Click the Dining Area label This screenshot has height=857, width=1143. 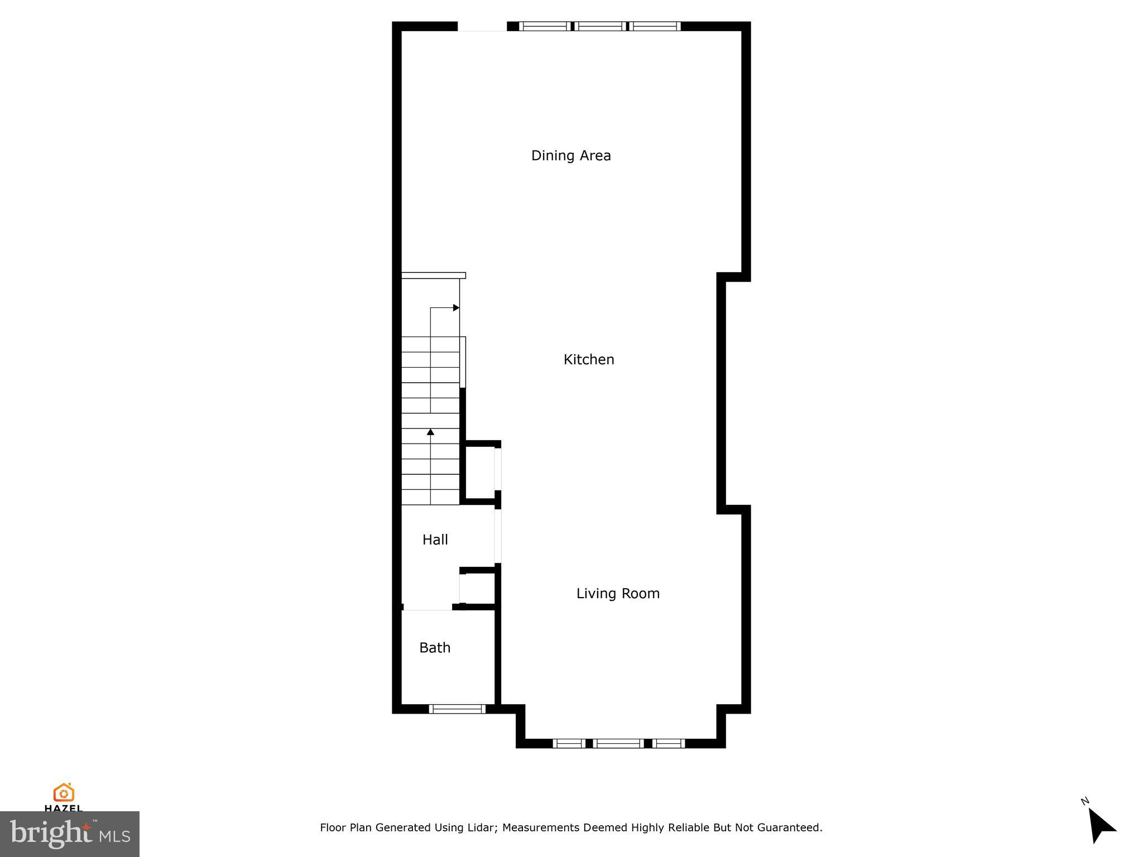tap(571, 156)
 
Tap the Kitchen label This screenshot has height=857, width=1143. tap(589, 360)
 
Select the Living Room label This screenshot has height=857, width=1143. tap(618, 594)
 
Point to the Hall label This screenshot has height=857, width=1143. tap(435, 540)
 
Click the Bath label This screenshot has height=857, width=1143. tap(435, 648)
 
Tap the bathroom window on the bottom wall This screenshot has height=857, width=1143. tap(457, 709)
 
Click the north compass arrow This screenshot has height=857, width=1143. tap(1101, 825)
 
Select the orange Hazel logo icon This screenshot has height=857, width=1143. tap(64, 792)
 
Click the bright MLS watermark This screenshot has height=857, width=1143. tap(69, 834)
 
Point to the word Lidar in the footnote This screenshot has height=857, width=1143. tap(479, 827)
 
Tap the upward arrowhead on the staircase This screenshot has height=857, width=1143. tap(430, 432)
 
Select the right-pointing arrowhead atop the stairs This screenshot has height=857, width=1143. tap(456, 307)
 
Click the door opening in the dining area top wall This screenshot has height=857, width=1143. tap(482, 27)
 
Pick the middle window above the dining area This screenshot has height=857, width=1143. tap(601, 26)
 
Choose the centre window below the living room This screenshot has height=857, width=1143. tap(618, 743)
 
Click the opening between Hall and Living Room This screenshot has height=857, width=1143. tap(498, 536)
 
